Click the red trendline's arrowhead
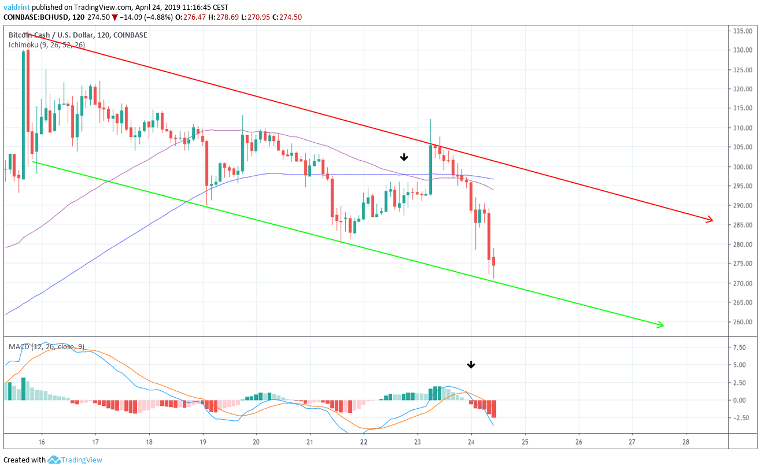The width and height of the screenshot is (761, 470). click(709, 219)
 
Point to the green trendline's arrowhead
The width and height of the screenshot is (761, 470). click(659, 325)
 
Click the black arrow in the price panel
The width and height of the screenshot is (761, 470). click(404, 157)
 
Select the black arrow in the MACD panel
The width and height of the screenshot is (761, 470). click(471, 364)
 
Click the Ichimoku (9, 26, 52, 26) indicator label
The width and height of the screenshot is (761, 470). click(46, 45)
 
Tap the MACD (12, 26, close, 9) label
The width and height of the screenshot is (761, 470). click(46, 346)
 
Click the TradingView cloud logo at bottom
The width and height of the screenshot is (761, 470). click(54, 460)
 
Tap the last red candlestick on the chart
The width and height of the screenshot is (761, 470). click(493, 262)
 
